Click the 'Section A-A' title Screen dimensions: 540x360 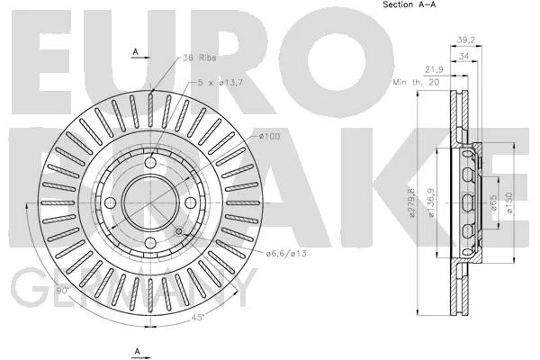(409, 4)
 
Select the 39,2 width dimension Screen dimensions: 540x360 (466, 40)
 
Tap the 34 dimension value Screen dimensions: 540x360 (464, 56)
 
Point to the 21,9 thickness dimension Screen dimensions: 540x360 (434, 69)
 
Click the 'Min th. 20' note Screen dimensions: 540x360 (416, 82)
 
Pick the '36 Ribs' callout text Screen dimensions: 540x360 (200, 58)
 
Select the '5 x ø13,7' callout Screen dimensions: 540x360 (220, 83)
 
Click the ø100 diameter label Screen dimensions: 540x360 (270, 137)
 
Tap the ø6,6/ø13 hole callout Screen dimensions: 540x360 (286, 254)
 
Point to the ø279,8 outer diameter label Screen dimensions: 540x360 (411, 202)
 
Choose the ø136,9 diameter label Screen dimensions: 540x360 (431, 202)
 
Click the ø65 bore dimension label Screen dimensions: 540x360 (493, 203)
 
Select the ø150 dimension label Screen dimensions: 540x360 (509, 202)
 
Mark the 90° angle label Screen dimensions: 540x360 (63, 291)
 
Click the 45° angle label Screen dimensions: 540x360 (198, 317)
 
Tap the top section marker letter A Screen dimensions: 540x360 (135, 51)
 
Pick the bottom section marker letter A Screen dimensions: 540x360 (138, 351)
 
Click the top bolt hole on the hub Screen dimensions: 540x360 (150, 162)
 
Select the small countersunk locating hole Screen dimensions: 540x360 (179, 231)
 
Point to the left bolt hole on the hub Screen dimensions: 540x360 (110, 202)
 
